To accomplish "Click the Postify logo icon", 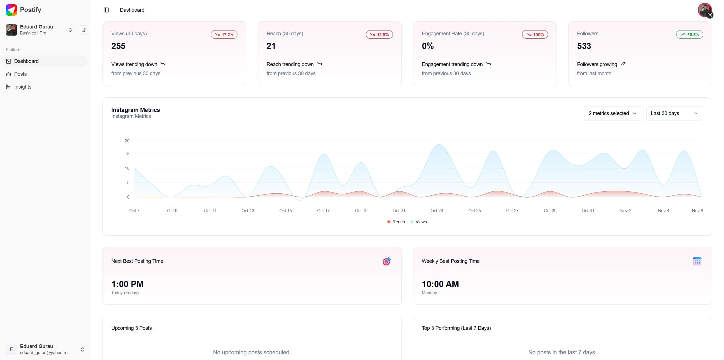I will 11,10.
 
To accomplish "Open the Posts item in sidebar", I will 20,74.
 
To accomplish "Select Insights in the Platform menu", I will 22,87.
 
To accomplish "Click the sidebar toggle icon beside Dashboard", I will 106,10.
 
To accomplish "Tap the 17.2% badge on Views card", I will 224,34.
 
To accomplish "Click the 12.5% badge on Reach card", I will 379,34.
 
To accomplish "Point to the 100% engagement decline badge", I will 535,34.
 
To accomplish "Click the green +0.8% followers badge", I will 690,34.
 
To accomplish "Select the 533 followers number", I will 584,46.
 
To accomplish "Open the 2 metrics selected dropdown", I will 613,113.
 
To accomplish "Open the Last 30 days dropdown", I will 674,113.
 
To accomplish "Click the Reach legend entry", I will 396,222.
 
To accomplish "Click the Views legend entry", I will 419,222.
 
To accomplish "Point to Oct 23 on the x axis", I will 437,211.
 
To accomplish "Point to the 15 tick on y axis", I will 127,154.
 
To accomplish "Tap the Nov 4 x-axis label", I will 663,211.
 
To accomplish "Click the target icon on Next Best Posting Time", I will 386,261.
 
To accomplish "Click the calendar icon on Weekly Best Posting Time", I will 697,261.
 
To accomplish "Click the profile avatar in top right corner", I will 705,10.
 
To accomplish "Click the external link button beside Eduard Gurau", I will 83,30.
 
